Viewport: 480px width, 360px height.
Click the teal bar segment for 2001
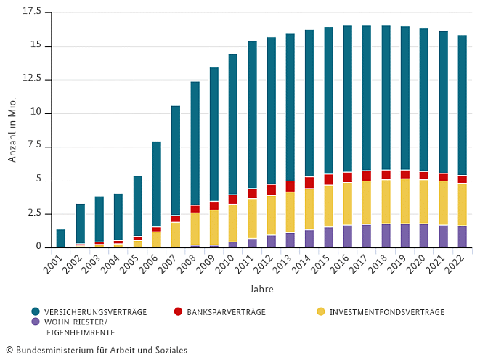point(61,238)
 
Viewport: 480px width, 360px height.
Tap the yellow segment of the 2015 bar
point(328,206)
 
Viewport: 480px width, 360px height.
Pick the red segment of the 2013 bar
point(290,187)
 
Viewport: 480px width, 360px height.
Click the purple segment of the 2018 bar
point(386,235)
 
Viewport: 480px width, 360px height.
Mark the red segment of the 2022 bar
point(462,179)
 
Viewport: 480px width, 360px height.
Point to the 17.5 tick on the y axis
point(32,12)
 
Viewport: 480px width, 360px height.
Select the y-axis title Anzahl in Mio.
point(12,131)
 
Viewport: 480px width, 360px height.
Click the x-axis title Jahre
point(261,289)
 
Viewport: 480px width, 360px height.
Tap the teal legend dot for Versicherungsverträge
point(35,312)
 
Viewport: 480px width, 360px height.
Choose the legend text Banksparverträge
point(226,312)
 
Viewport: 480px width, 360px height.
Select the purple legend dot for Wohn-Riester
point(35,322)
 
